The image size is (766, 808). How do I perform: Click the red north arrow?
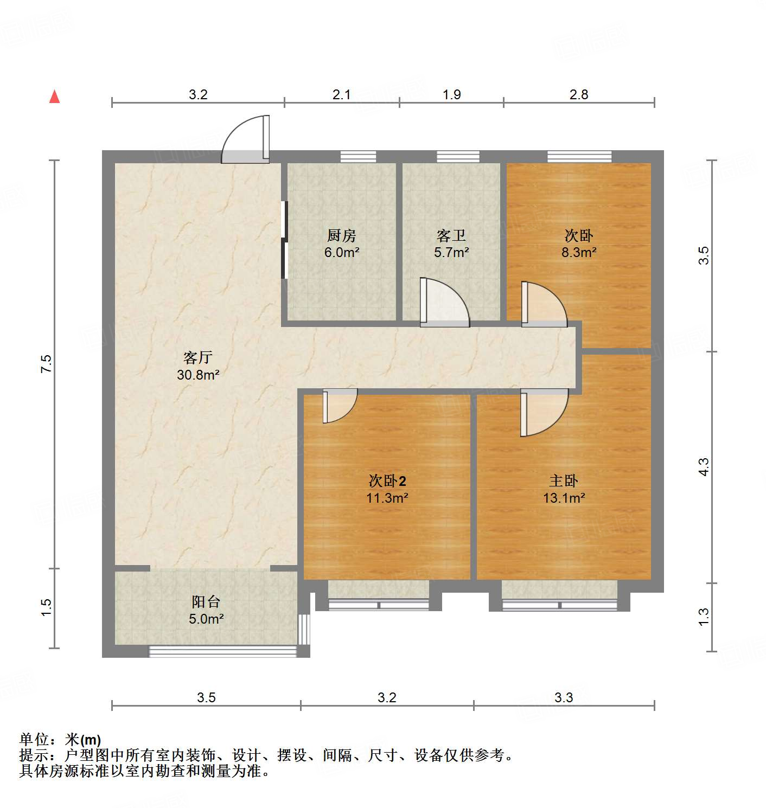pyautogui.click(x=54, y=97)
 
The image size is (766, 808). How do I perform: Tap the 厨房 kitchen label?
pyautogui.click(x=341, y=235)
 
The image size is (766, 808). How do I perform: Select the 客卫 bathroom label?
pyautogui.click(x=451, y=235)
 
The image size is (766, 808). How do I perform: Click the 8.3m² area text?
pyautogui.click(x=579, y=252)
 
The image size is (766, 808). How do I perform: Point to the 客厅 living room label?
pyautogui.click(x=197, y=357)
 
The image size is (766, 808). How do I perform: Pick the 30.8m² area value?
pyautogui.click(x=197, y=374)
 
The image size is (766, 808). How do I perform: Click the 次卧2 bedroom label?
pyautogui.click(x=387, y=480)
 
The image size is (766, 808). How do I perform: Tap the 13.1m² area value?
pyautogui.click(x=564, y=497)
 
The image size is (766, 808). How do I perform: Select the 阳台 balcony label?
pyautogui.click(x=206, y=601)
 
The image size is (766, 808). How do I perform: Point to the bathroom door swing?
pyautogui.click(x=443, y=304)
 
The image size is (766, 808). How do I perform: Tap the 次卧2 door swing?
pyautogui.click(x=339, y=405)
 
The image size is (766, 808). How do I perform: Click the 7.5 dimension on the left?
pyautogui.click(x=46, y=363)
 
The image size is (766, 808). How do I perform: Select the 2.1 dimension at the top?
pyautogui.click(x=341, y=94)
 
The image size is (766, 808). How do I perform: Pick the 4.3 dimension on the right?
pyautogui.click(x=703, y=467)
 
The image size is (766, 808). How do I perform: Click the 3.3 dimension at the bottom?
pyautogui.click(x=564, y=697)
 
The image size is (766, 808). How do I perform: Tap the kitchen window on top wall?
pyautogui.click(x=358, y=156)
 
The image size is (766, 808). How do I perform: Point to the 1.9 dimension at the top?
pyautogui.click(x=451, y=94)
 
